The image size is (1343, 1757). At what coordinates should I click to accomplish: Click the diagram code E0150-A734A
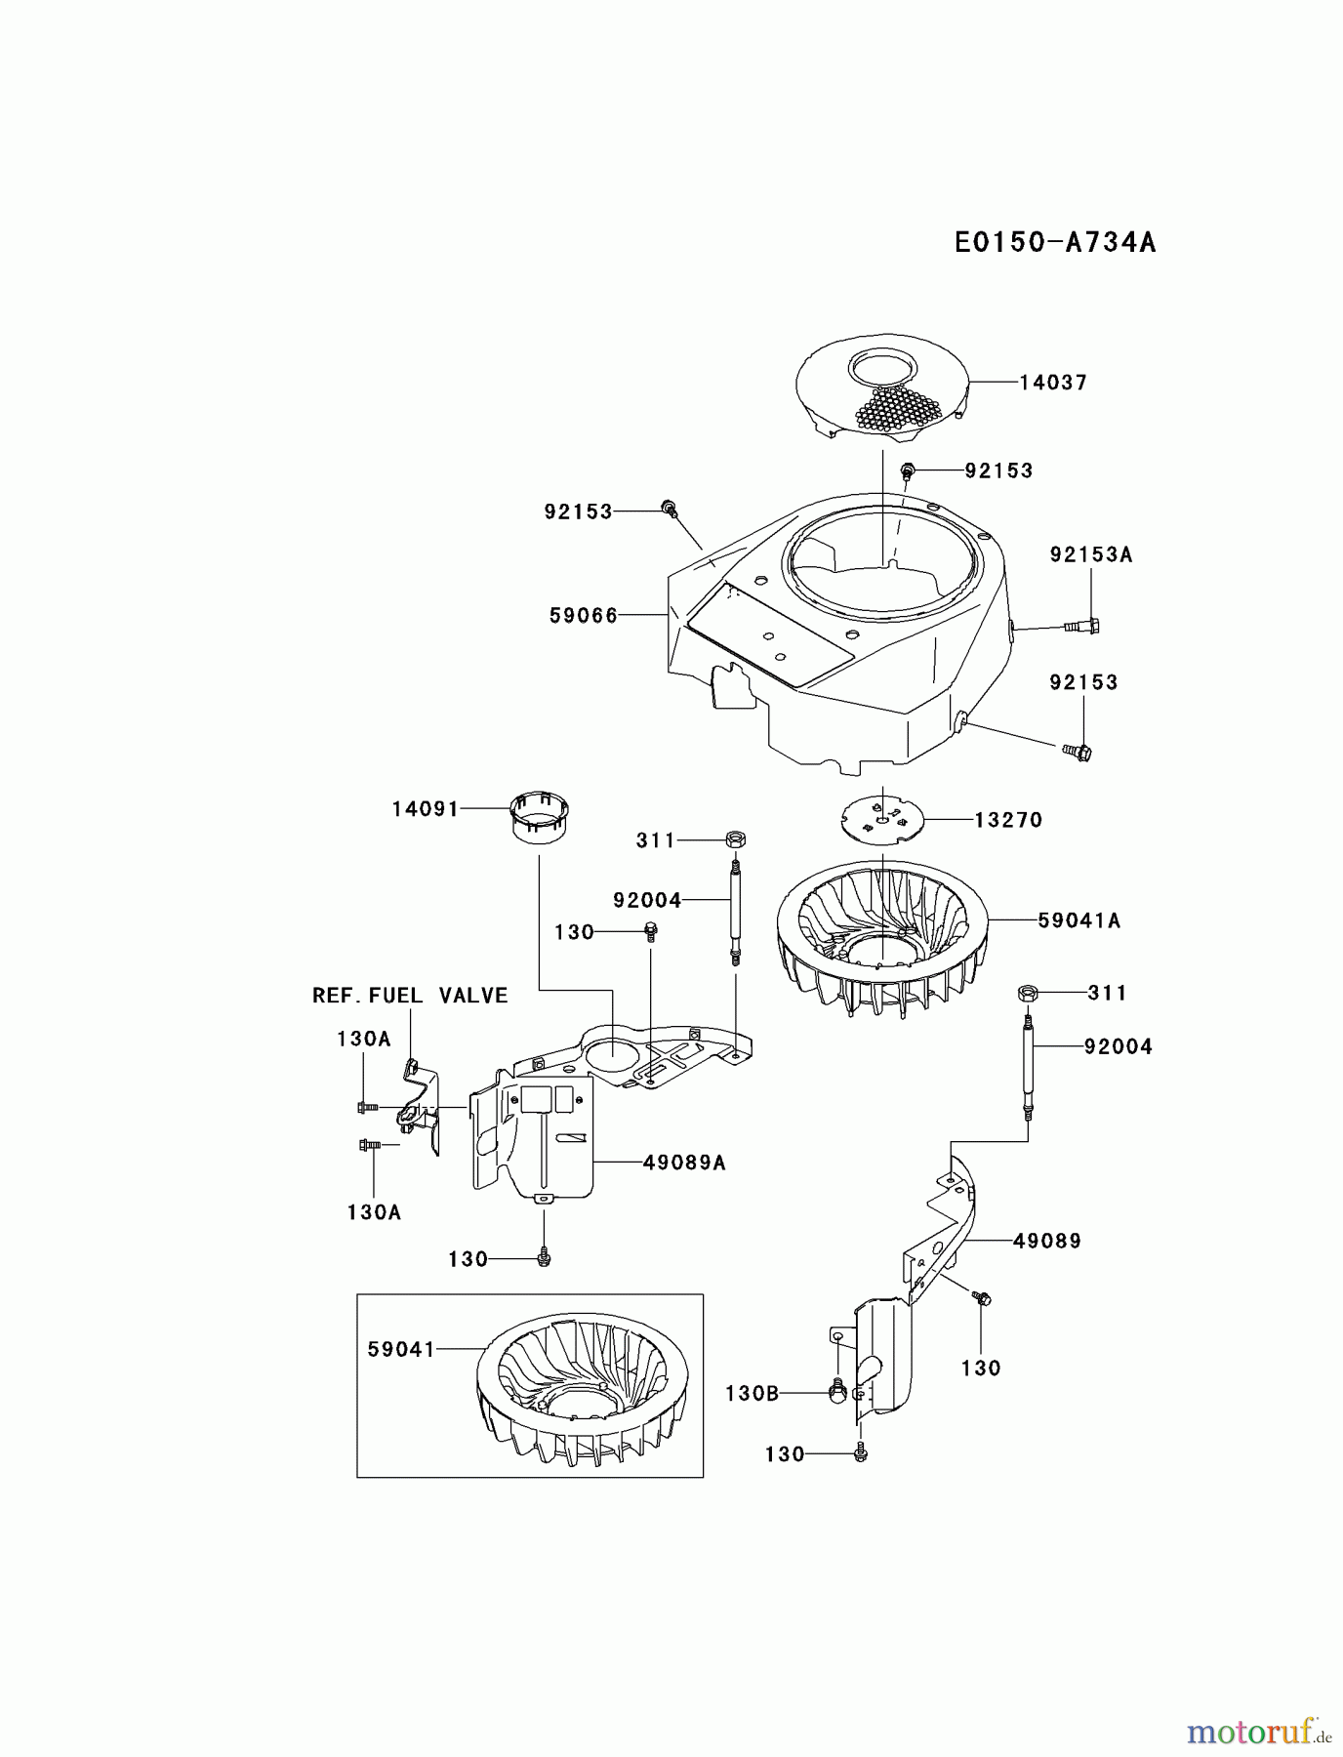(x=1055, y=242)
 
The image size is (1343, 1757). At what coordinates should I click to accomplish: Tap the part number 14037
(x=1053, y=383)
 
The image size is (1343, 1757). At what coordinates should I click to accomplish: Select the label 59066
(x=584, y=615)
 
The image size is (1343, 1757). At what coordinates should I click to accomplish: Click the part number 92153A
(x=1091, y=554)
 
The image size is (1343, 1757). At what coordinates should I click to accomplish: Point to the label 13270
(x=1008, y=820)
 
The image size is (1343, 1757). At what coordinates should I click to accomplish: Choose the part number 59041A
(x=1078, y=919)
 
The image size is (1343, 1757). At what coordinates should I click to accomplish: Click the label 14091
(x=426, y=809)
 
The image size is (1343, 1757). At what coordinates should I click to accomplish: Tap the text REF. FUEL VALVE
(x=410, y=996)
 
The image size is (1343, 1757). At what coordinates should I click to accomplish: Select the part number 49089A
(x=684, y=1163)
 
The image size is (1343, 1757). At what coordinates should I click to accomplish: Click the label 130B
(x=752, y=1394)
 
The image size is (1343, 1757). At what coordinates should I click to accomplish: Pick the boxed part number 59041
(x=401, y=1349)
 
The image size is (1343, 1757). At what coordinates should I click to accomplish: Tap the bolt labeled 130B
(x=835, y=1391)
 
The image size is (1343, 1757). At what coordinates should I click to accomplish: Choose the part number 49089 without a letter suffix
(x=1046, y=1242)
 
